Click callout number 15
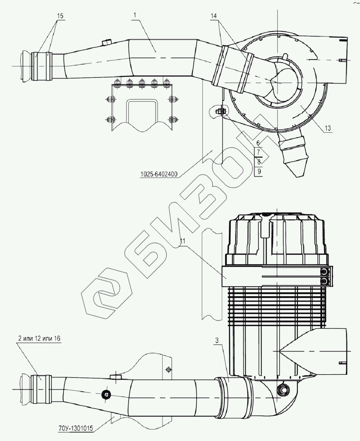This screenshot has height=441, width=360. click(60, 16)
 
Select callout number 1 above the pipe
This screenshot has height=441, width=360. click(135, 15)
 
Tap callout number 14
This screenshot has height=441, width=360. click(214, 16)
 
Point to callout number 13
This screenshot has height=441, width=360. click(328, 128)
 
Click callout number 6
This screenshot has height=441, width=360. click(258, 143)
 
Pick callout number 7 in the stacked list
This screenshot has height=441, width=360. click(258, 152)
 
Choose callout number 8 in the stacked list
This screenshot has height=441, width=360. click(259, 162)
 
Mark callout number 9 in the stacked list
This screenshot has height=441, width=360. click(259, 171)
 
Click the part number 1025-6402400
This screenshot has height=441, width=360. click(159, 174)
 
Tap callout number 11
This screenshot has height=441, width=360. click(183, 241)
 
